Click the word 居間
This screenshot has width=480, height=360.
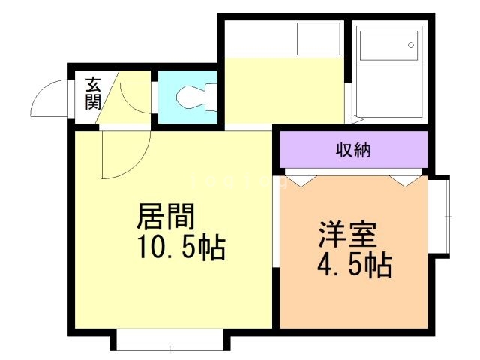coord(166,217)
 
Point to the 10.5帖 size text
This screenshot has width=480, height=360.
coord(180,247)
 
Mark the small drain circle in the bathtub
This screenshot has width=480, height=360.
coord(411,45)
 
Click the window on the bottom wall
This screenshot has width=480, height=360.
coord(170,341)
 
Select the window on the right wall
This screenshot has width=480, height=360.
coord(442,217)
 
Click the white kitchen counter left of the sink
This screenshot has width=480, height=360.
coord(259,39)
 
